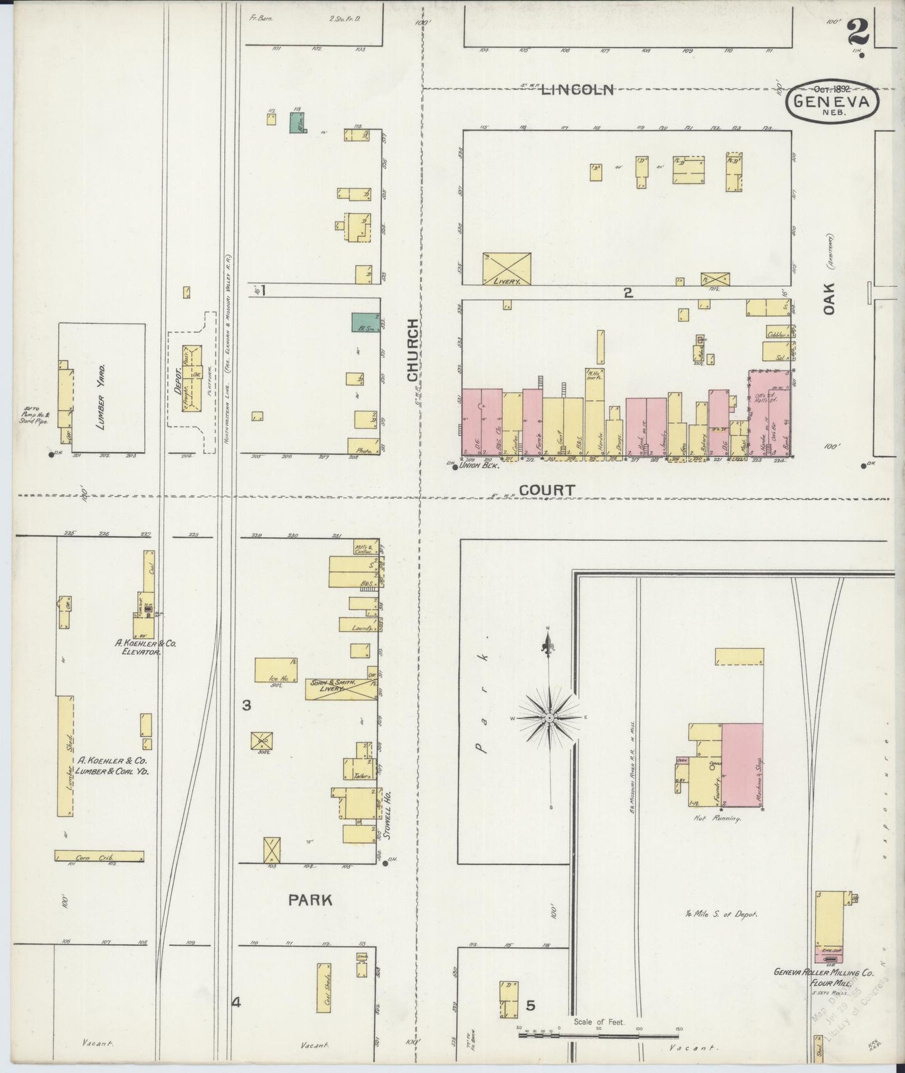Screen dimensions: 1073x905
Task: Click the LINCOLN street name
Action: click(x=577, y=90)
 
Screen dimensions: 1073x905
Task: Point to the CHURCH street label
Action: click(x=412, y=350)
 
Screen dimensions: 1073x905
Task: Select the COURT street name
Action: click(x=547, y=490)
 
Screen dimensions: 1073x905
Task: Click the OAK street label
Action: click(x=829, y=298)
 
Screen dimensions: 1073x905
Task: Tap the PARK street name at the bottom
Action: click(x=310, y=900)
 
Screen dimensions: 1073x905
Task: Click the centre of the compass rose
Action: click(x=549, y=718)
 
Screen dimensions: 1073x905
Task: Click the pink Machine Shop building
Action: click(x=742, y=764)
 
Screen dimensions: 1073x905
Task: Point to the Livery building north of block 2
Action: click(x=507, y=269)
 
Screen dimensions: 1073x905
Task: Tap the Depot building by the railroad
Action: click(x=192, y=377)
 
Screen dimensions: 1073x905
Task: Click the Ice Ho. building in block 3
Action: click(x=276, y=669)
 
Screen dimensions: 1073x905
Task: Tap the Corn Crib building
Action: click(x=100, y=856)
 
